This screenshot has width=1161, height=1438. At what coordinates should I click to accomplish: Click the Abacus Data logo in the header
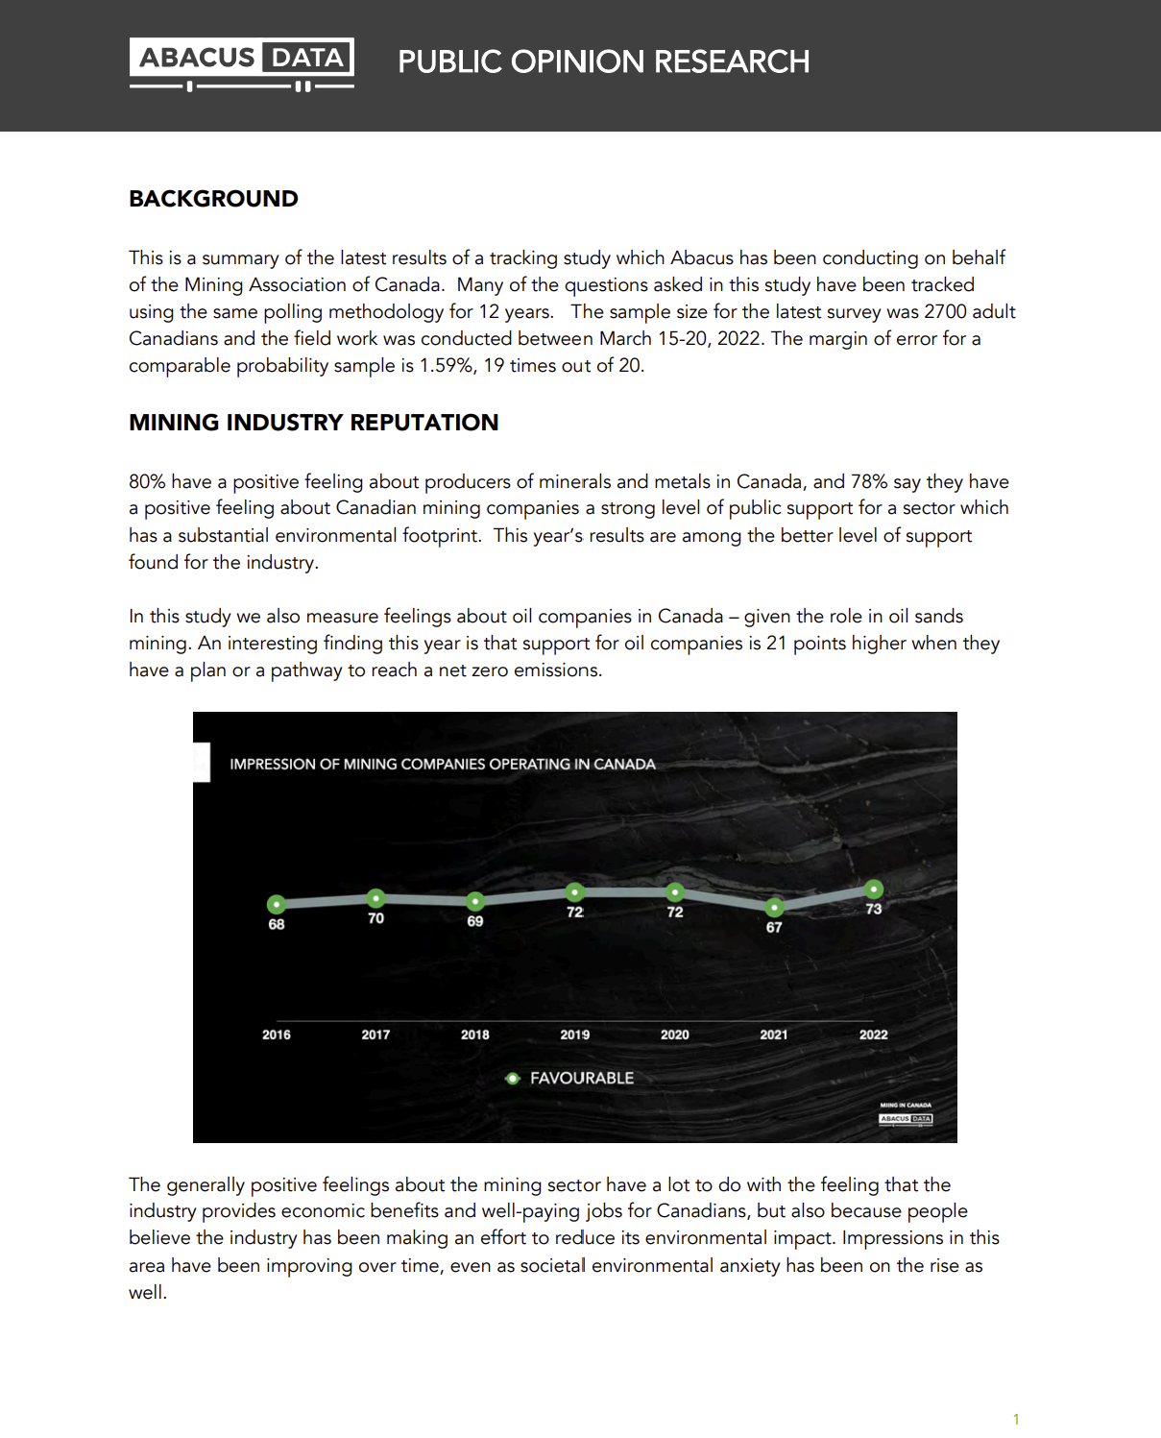241,63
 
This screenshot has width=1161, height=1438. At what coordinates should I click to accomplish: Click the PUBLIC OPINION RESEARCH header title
603,62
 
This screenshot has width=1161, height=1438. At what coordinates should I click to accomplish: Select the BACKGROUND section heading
213,199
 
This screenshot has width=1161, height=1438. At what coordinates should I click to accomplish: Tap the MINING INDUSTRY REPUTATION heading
313,423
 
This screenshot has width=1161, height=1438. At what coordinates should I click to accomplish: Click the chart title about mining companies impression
442,765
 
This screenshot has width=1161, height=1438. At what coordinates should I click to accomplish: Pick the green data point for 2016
277,904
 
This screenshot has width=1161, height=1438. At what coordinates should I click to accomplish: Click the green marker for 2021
774,907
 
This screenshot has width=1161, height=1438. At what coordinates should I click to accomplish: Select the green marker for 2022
874,890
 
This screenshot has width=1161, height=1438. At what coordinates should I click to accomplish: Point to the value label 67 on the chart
774,928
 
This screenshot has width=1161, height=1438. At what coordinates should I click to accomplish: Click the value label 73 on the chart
874,910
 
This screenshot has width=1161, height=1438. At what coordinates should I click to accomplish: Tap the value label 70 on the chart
375,918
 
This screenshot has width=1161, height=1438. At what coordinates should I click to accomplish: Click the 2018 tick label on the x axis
474,1035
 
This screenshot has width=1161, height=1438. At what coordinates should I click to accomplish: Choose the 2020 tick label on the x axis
674,1035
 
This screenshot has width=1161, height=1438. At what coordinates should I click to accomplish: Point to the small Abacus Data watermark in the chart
906,1118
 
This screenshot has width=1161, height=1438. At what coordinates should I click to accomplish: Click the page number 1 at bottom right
1016,1419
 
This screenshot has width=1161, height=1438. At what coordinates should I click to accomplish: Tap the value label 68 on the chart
277,924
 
